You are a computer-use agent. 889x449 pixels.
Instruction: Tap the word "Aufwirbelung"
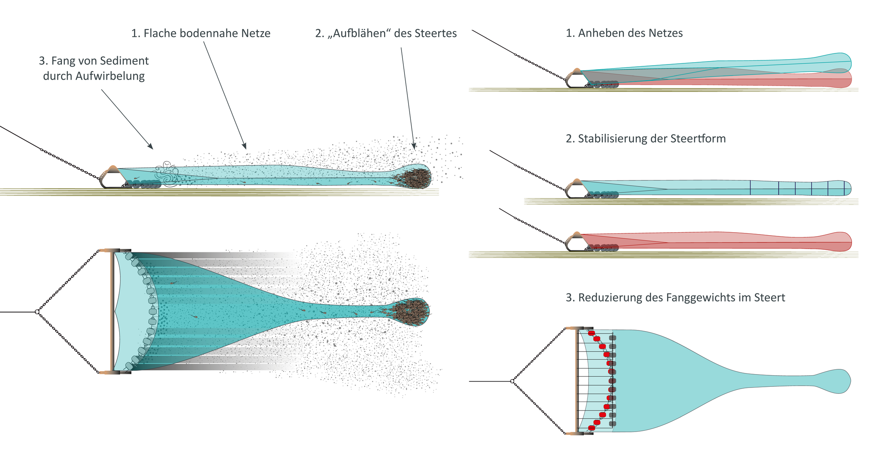coord(110,76)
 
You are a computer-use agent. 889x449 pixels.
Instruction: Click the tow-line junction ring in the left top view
coord(37,312)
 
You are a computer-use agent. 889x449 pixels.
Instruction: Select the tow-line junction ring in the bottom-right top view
coord(512,381)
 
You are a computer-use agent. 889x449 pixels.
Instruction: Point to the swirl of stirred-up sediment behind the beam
coord(167,173)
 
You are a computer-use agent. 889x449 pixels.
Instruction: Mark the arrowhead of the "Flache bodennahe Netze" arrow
coord(244,147)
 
